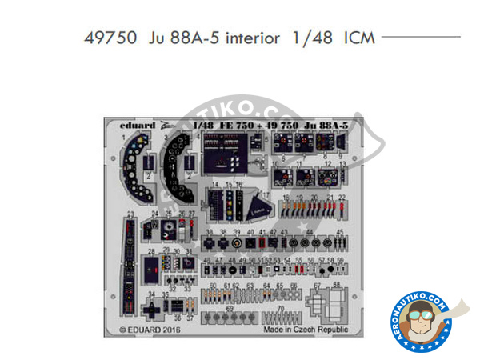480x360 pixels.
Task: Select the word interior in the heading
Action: tap(249, 38)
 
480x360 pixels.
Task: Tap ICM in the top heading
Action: tap(359, 38)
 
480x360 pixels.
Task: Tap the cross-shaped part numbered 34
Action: tap(151, 309)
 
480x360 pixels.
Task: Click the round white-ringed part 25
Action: tap(169, 227)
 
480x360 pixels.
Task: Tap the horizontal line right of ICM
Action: tap(421, 37)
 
